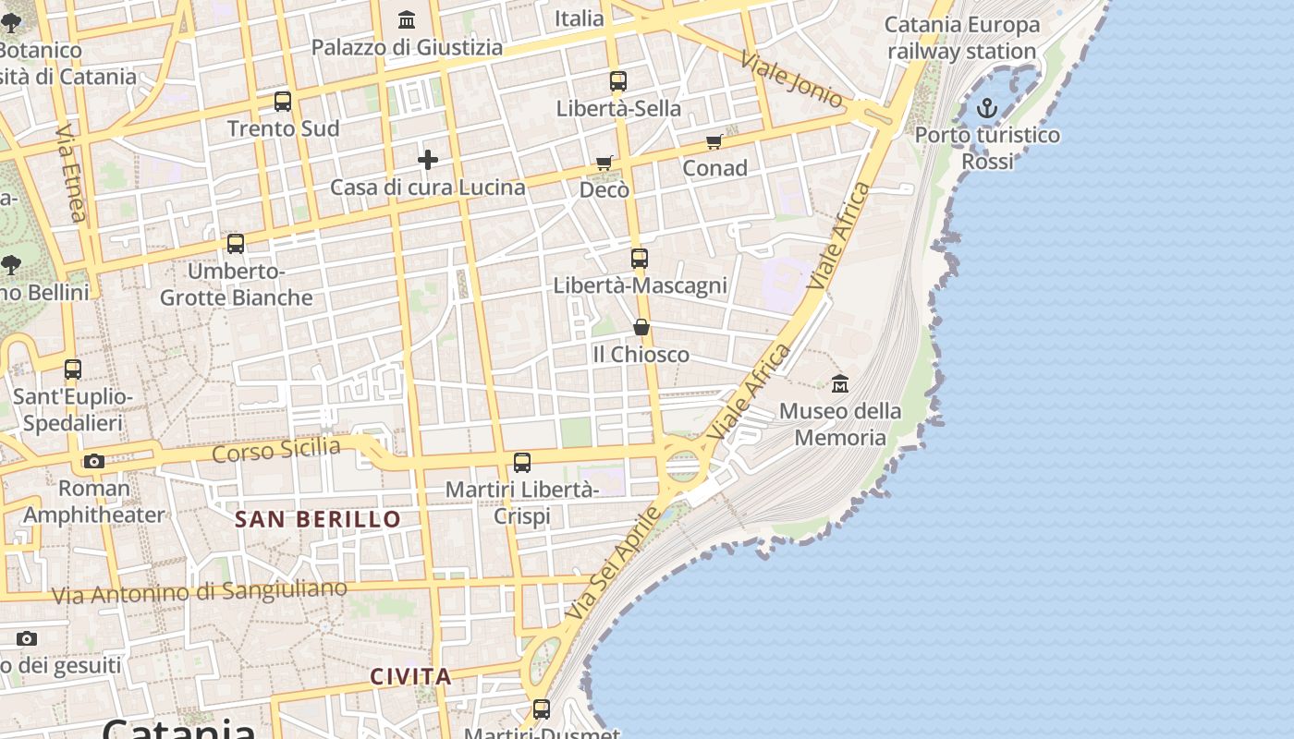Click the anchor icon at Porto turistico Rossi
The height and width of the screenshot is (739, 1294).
[987, 109]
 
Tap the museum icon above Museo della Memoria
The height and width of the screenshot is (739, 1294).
[840, 383]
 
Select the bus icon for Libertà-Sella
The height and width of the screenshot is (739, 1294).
[618, 81]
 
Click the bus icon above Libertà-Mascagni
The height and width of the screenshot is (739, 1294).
[640, 259]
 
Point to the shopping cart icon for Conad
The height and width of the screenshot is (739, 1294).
[714, 141]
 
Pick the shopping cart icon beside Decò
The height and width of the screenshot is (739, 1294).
[604, 164]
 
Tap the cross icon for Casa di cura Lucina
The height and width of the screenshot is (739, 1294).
[427, 160]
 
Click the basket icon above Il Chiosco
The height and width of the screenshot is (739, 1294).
[641, 327]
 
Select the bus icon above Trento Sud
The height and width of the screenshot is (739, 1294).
[283, 102]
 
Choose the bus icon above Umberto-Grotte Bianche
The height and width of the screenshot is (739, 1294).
[236, 244]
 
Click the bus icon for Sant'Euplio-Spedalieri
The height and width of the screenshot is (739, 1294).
[73, 369]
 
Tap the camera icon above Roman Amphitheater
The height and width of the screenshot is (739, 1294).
[93, 461]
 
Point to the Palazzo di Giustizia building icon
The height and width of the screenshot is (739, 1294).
[407, 19]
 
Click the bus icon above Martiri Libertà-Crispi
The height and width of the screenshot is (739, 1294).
[522, 462]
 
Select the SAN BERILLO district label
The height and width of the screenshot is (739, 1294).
[318, 519]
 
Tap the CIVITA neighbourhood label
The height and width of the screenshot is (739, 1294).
[411, 677]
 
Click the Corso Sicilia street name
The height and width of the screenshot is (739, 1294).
[276, 451]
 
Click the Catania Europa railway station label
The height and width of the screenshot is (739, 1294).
[962, 38]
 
